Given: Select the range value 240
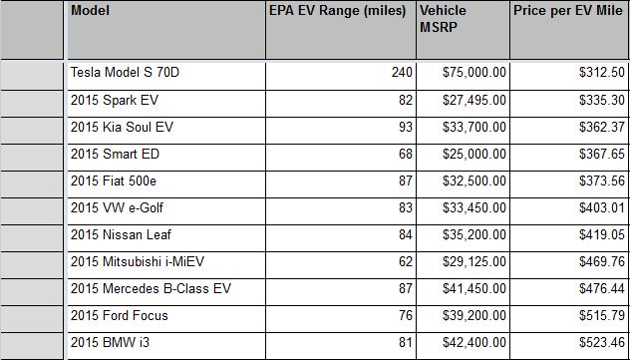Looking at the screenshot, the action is [402, 73].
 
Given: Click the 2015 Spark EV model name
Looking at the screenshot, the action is [115, 100].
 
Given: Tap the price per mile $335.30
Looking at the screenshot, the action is [602, 100].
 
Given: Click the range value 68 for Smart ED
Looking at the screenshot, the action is [406, 154].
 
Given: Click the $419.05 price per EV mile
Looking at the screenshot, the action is [602, 234].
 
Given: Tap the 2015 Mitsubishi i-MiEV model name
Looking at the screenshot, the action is [138, 262].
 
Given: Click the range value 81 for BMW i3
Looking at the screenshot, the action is [406, 343].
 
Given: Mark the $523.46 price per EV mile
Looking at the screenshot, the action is [602, 343].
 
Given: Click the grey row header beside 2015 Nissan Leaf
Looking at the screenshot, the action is [32, 238].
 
